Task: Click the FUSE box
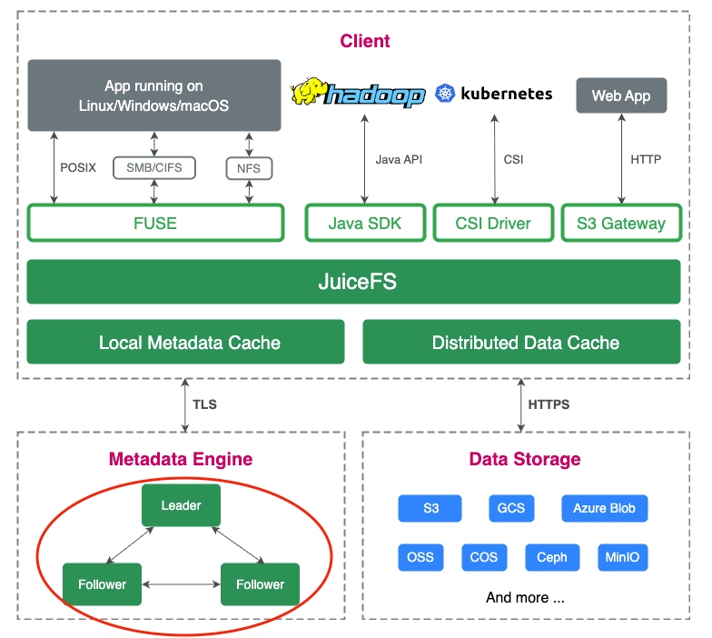[x=155, y=223]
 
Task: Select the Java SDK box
[x=365, y=223]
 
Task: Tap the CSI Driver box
[x=494, y=223]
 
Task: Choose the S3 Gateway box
[x=621, y=223]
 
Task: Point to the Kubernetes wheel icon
[x=445, y=93]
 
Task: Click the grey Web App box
[x=621, y=95]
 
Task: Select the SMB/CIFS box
[x=154, y=167]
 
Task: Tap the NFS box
[x=249, y=167]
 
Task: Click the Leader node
[x=181, y=505]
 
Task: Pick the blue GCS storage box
[x=511, y=508]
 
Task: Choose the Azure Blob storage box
[x=604, y=508]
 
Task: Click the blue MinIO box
[x=622, y=557]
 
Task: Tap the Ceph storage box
[x=551, y=557]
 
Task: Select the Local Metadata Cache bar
[x=185, y=343]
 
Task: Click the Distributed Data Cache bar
[x=521, y=343]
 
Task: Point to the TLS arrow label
[x=204, y=404]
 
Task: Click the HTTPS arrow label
[x=549, y=404]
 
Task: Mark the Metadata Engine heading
[x=181, y=459]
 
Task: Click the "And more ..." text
[x=525, y=598]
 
